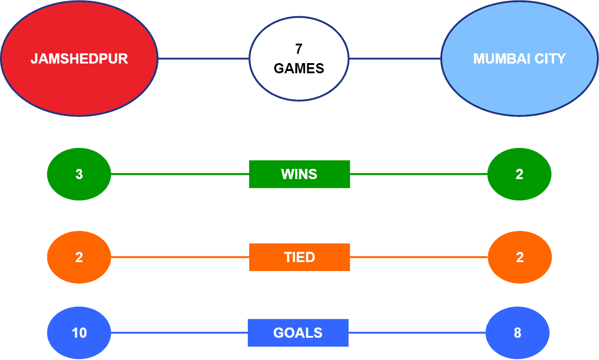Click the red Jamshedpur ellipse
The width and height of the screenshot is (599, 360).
click(x=79, y=58)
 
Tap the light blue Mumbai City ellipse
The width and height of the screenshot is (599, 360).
click(x=519, y=58)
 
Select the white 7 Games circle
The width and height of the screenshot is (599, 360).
click(x=299, y=58)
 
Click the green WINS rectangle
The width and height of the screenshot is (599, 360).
click(x=300, y=174)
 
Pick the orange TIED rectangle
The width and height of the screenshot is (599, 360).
click(x=300, y=257)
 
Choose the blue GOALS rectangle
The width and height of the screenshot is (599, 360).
click(x=298, y=333)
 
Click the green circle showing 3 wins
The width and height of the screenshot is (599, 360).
click(x=79, y=174)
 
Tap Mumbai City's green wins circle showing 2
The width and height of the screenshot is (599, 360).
click(x=519, y=174)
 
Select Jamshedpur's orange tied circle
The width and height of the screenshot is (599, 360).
click(x=79, y=257)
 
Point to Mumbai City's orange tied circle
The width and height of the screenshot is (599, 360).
click(x=520, y=257)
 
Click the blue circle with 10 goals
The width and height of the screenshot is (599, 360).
click(x=79, y=333)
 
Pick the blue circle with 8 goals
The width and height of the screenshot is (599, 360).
click(x=518, y=333)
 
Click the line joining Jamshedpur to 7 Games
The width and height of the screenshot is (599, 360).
click(x=204, y=58)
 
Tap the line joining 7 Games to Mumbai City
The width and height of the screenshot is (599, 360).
click(x=395, y=58)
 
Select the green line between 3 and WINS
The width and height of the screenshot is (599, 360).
click(x=180, y=174)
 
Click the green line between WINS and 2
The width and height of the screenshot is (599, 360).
click(x=419, y=174)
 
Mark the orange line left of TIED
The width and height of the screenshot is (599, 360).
click(x=180, y=257)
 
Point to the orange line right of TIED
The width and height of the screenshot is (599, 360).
click(x=419, y=257)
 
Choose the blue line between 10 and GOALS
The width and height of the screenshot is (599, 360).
click(x=180, y=333)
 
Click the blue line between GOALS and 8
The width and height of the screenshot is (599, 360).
click(x=417, y=333)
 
